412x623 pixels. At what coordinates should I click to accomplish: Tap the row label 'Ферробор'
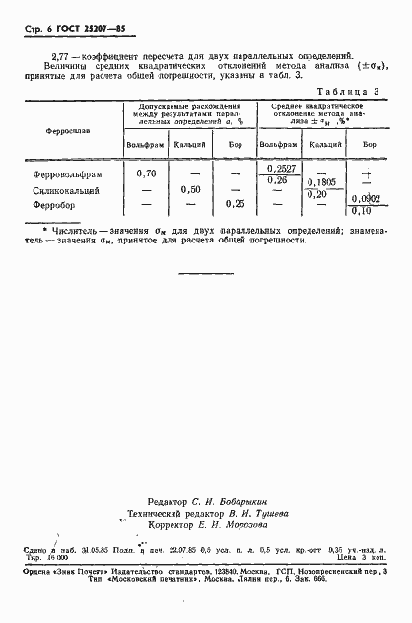pyautogui.click(x=56, y=204)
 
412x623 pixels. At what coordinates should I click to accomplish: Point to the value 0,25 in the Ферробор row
pyautogui.click(x=235, y=204)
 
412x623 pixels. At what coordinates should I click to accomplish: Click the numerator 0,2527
pyautogui.click(x=281, y=169)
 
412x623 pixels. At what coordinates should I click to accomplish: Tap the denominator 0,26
pyautogui.click(x=277, y=180)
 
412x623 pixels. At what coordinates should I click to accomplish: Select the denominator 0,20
pyautogui.click(x=317, y=195)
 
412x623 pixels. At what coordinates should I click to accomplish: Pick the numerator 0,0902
pyautogui.click(x=368, y=198)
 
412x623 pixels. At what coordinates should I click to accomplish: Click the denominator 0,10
pyautogui.click(x=363, y=210)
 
